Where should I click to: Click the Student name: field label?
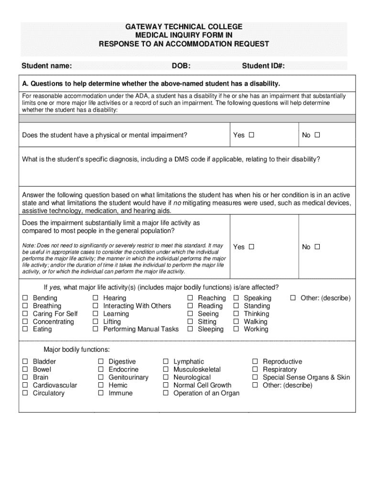coord(47,66)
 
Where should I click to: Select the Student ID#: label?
coord(267,66)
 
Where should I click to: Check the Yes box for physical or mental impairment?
coord(251,135)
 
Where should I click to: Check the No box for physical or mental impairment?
coord(317,135)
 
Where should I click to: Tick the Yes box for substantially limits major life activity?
coord(251,247)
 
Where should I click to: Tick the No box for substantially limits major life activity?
coord(317,247)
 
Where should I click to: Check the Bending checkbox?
coord(25,298)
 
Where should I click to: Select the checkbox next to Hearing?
coord(96,298)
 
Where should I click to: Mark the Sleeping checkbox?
coord(190,329)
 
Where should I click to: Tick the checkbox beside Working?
coord(236,329)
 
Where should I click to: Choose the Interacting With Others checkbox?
coord(96,306)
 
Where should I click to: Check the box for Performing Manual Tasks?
coord(96,329)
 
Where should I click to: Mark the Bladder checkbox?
coord(25,362)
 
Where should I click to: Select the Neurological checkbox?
coord(166,378)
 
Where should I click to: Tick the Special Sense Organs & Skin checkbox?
coord(255,378)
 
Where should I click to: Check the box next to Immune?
coord(101,393)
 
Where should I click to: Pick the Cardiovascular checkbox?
coord(25,385)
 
